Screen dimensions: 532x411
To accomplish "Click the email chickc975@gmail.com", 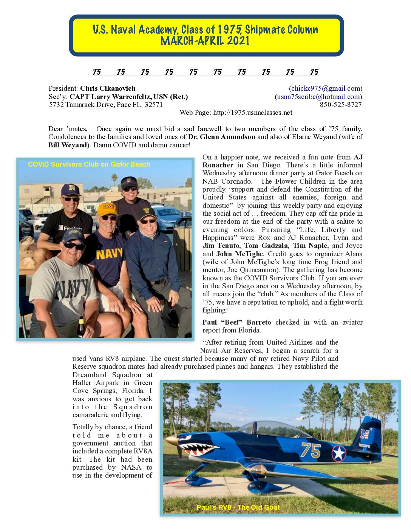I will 326,88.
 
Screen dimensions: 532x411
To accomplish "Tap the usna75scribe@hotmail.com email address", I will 318,97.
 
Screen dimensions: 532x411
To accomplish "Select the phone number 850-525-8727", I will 341,105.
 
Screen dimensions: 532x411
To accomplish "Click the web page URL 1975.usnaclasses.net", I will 252,113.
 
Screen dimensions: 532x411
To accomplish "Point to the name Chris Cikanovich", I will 108,88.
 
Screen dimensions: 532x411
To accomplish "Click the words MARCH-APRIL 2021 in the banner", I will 205,41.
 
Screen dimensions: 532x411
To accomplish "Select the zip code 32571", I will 154,105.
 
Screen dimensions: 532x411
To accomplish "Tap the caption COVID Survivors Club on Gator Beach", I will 89,164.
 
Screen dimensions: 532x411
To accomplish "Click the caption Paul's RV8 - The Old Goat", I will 238,507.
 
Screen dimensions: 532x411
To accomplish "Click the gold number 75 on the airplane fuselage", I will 311,450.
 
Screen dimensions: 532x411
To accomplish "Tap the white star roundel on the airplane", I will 338,453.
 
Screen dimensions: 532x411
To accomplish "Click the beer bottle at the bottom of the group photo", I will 80,327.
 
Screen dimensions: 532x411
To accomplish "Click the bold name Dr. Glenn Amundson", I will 222,137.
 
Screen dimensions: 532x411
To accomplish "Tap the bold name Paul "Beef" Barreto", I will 236,322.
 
